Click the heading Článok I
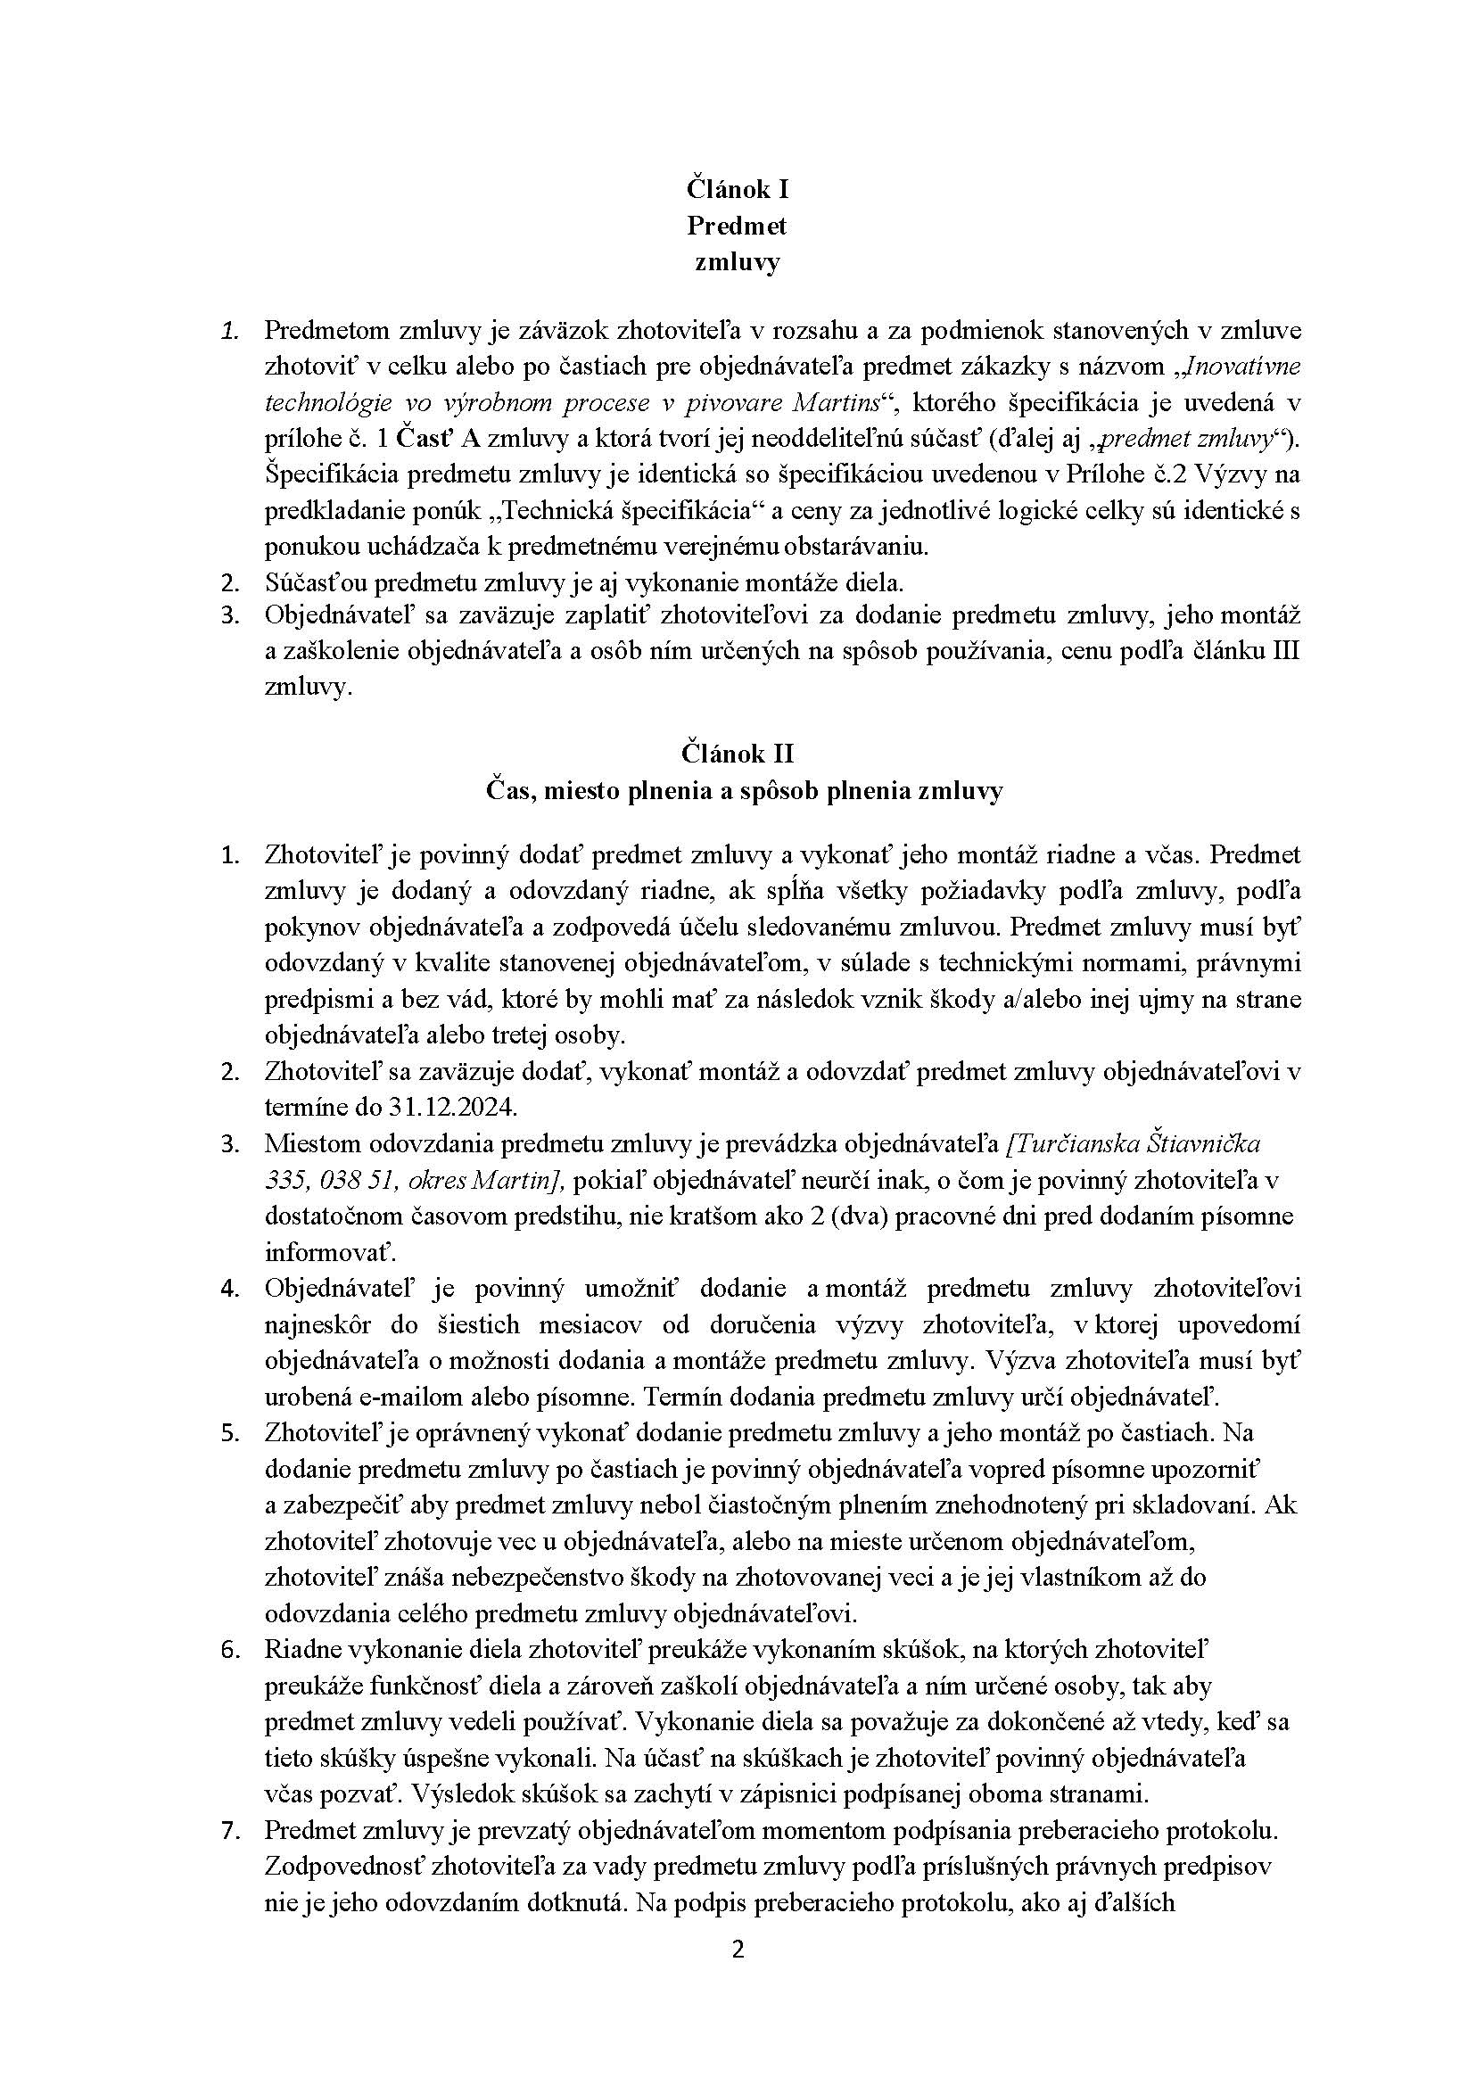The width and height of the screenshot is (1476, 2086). click(737, 189)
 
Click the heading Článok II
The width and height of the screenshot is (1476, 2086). click(737, 754)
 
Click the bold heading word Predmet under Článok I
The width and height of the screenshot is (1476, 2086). click(737, 226)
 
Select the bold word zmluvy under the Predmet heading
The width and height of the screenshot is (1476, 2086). click(737, 263)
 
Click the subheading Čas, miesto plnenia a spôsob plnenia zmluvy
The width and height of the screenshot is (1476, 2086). click(737, 790)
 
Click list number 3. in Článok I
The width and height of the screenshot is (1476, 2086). click(230, 615)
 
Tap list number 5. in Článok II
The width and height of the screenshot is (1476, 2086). click(230, 1432)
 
